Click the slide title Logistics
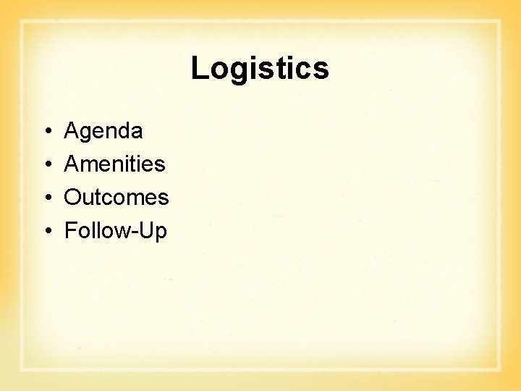coord(260,69)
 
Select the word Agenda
coord(103,131)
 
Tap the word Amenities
coord(114,164)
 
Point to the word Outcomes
coord(117,198)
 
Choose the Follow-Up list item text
coord(116,231)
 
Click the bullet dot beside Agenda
coord(46,132)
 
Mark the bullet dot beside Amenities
coord(46,165)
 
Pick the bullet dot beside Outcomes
coord(46,198)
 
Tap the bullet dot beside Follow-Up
coord(46,232)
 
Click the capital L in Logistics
coord(199,69)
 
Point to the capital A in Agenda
coord(72,131)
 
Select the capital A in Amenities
coord(72,164)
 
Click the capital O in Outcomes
coord(73,198)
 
